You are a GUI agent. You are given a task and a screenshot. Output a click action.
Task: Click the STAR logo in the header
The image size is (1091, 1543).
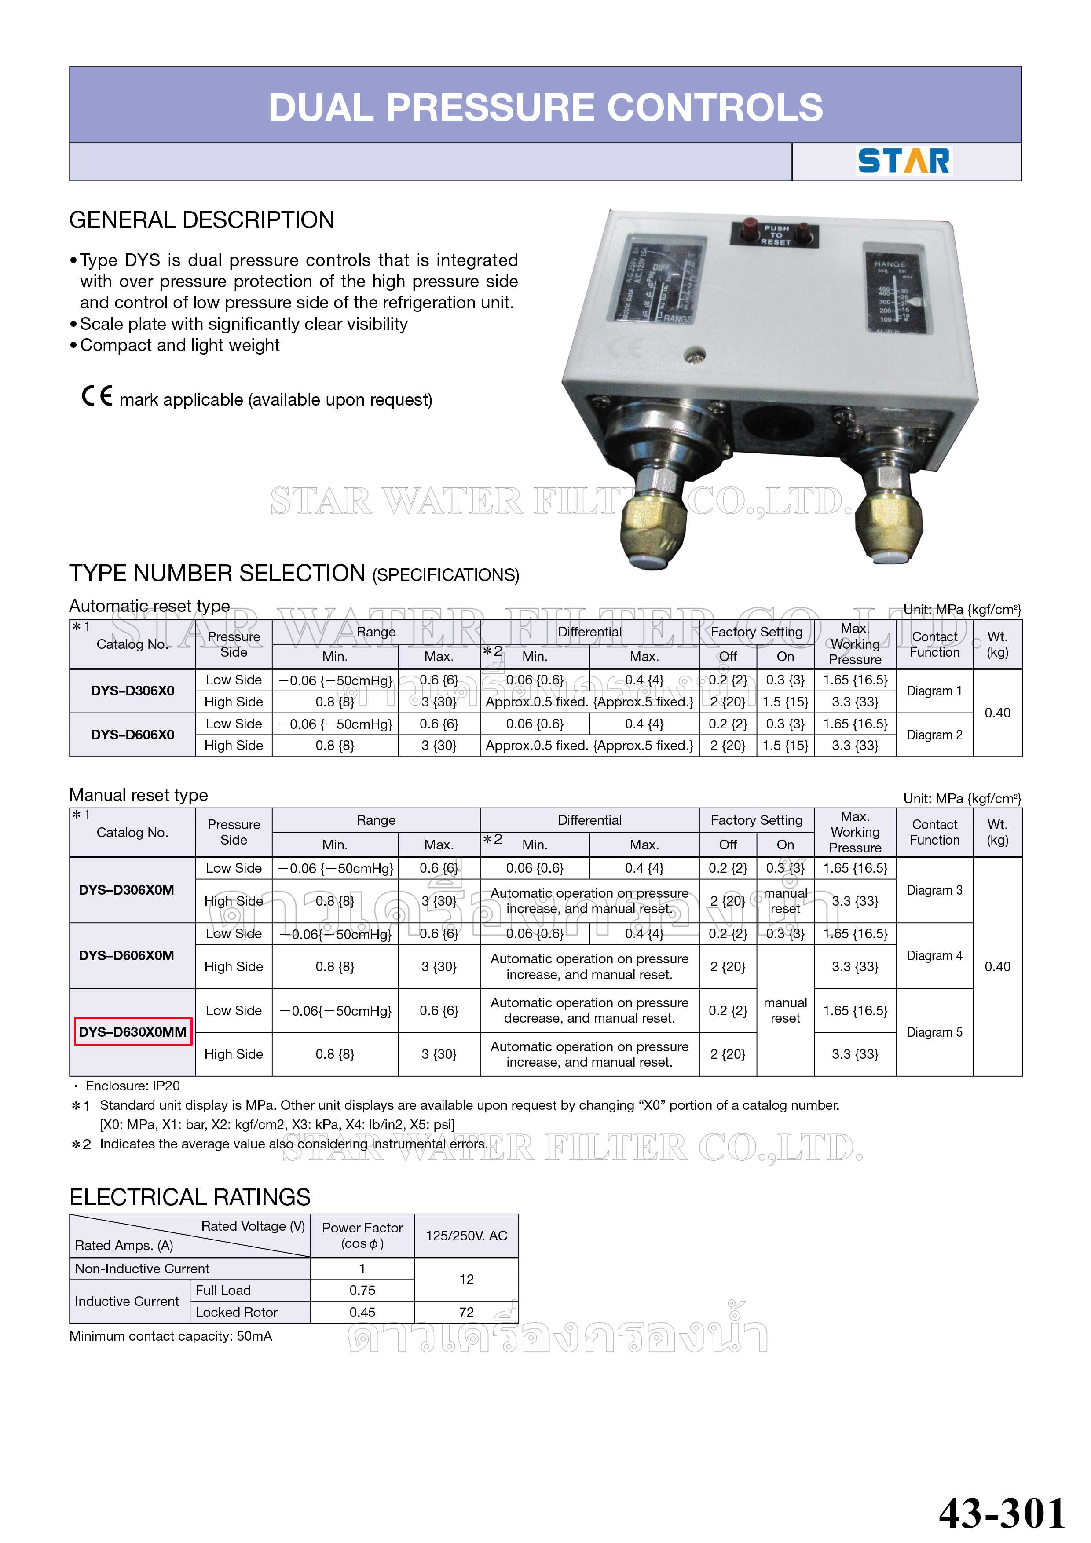(904, 161)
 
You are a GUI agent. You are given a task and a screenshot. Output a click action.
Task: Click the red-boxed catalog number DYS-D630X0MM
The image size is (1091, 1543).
(132, 1031)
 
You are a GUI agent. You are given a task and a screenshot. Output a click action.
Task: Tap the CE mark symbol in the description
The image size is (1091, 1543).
(97, 396)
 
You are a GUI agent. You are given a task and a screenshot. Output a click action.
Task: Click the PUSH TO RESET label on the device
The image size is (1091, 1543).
(776, 234)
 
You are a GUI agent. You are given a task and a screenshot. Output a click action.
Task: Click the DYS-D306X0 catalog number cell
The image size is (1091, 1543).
(132, 691)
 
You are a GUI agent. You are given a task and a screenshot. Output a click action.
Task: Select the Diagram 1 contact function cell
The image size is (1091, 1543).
(934, 691)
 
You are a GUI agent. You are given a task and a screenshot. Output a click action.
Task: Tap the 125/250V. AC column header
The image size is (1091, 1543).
(466, 1235)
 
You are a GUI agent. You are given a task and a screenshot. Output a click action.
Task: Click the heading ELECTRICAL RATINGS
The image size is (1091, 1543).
(190, 1197)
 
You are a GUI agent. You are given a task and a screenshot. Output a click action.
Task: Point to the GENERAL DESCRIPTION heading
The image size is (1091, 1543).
(201, 220)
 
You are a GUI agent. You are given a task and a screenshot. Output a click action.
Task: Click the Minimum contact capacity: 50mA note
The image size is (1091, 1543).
(171, 1336)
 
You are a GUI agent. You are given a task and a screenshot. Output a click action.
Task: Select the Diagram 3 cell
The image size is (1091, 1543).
(934, 890)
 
